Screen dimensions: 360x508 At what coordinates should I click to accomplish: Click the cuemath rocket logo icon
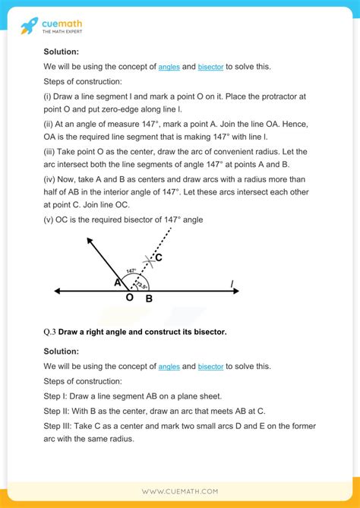30,25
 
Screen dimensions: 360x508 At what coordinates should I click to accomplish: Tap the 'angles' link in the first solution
169,68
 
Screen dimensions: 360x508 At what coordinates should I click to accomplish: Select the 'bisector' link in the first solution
210,68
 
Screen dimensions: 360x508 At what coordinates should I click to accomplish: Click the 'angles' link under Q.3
169,367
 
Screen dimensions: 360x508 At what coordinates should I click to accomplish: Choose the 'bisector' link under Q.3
210,367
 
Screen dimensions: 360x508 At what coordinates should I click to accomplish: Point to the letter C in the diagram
158,258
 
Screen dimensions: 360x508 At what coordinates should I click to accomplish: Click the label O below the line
129,298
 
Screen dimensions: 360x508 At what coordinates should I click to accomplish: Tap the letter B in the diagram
149,298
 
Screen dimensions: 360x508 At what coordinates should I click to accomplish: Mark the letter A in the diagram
118,282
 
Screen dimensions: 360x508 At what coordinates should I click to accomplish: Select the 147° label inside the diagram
131,270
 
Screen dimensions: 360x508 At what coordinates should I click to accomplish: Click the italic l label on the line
232,284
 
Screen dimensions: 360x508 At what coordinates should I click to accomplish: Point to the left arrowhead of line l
57,290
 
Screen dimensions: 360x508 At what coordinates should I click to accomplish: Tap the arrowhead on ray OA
90,242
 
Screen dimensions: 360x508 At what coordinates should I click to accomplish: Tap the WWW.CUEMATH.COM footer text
180,493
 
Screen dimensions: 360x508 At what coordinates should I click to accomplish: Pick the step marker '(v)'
51,219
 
